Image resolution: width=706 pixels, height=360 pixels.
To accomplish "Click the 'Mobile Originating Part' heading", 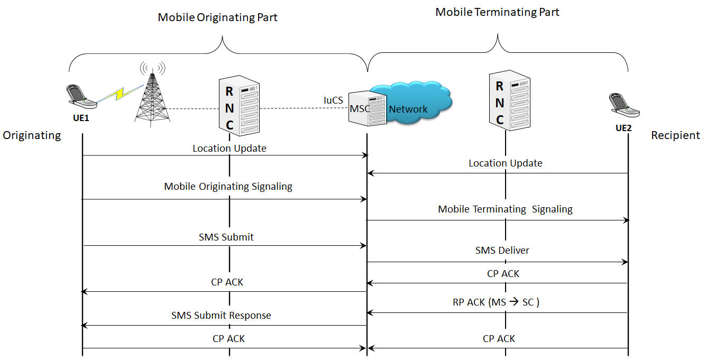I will [217, 17].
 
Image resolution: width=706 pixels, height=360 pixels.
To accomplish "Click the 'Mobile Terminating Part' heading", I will [497, 12].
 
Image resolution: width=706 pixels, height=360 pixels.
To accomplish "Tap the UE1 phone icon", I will [81, 97].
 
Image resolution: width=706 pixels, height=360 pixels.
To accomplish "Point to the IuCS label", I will [333, 99].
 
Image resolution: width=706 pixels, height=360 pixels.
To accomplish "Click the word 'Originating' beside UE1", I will [32, 135].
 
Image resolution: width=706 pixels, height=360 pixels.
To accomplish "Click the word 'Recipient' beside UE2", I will [675, 135].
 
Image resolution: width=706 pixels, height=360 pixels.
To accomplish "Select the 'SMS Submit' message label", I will [226, 237].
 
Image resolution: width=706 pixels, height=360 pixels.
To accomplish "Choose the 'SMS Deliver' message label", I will [502, 250].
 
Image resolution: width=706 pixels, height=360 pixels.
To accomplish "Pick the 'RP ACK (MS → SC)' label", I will [496, 302].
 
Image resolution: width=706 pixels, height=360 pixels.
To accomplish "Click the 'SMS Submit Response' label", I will [221, 316].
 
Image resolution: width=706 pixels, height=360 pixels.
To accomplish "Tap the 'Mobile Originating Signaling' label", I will [228, 187].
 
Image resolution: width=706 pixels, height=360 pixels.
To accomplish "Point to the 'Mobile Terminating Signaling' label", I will [505, 209].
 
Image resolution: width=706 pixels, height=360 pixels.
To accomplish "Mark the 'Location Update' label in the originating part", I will [229, 149].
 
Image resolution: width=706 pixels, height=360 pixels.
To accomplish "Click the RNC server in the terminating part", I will [509, 100].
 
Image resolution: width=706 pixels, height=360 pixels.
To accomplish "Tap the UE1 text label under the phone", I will [81, 118].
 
